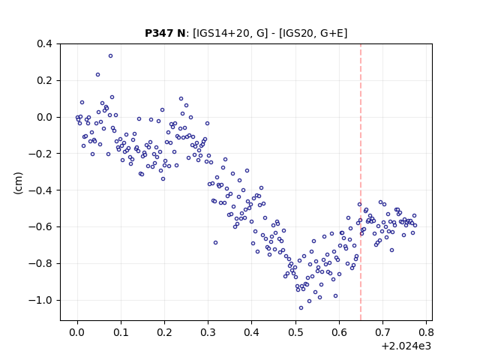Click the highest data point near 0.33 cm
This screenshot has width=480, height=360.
tap(110, 56)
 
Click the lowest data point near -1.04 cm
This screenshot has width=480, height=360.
tap(301, 308)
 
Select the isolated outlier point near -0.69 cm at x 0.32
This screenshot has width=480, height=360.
tap(215, 243)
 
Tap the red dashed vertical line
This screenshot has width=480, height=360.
tap(361, 182)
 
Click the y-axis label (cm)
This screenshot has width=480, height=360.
tap(18, 183)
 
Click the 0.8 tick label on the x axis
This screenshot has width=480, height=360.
tap(426, 332)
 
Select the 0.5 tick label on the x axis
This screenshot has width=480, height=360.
tap(295, 332)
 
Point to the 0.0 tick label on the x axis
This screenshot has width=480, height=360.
tap(77, 332)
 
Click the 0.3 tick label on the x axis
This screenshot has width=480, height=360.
tap(208, 332)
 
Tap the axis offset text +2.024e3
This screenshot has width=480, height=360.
tap(406, 346)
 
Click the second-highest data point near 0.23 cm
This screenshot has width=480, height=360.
tap(97, 75)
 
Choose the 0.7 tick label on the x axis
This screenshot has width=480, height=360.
tap(382, 332)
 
